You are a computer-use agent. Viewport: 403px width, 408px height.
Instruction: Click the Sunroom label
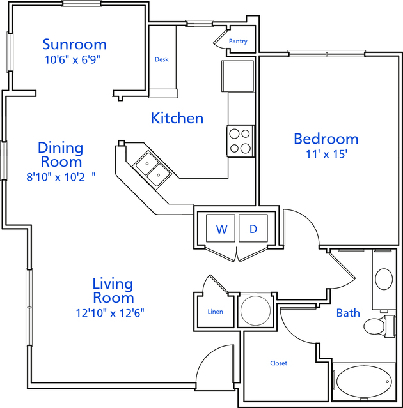75,44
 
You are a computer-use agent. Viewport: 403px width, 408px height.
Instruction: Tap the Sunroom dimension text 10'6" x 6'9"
72,60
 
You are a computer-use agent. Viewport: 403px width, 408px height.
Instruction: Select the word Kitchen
177,118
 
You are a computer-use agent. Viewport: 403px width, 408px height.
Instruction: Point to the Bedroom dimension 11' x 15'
326,154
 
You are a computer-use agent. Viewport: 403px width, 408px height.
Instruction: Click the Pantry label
238,41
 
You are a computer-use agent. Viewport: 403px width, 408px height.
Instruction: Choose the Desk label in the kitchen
162,59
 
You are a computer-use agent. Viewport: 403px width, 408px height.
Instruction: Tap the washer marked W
221,228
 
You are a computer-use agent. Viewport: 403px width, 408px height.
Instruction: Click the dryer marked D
253,228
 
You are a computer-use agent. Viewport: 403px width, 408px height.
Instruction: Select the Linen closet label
216,312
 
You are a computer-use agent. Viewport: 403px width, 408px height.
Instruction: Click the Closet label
279,363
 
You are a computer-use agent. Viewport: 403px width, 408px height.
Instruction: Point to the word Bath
348,313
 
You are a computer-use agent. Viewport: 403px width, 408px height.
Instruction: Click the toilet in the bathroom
379,326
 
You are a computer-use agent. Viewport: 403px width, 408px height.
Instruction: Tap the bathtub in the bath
364,381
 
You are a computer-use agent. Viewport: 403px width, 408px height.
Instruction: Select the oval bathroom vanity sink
384,279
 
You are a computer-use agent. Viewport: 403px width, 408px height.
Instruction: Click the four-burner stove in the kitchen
240,141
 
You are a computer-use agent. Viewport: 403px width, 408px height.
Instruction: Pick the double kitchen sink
152,169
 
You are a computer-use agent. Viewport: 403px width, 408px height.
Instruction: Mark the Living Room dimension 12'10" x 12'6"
110,313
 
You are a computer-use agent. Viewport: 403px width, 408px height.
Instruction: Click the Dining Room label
61,155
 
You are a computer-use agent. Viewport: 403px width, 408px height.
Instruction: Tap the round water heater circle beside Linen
255,310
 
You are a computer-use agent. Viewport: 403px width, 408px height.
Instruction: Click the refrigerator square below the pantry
238,76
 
